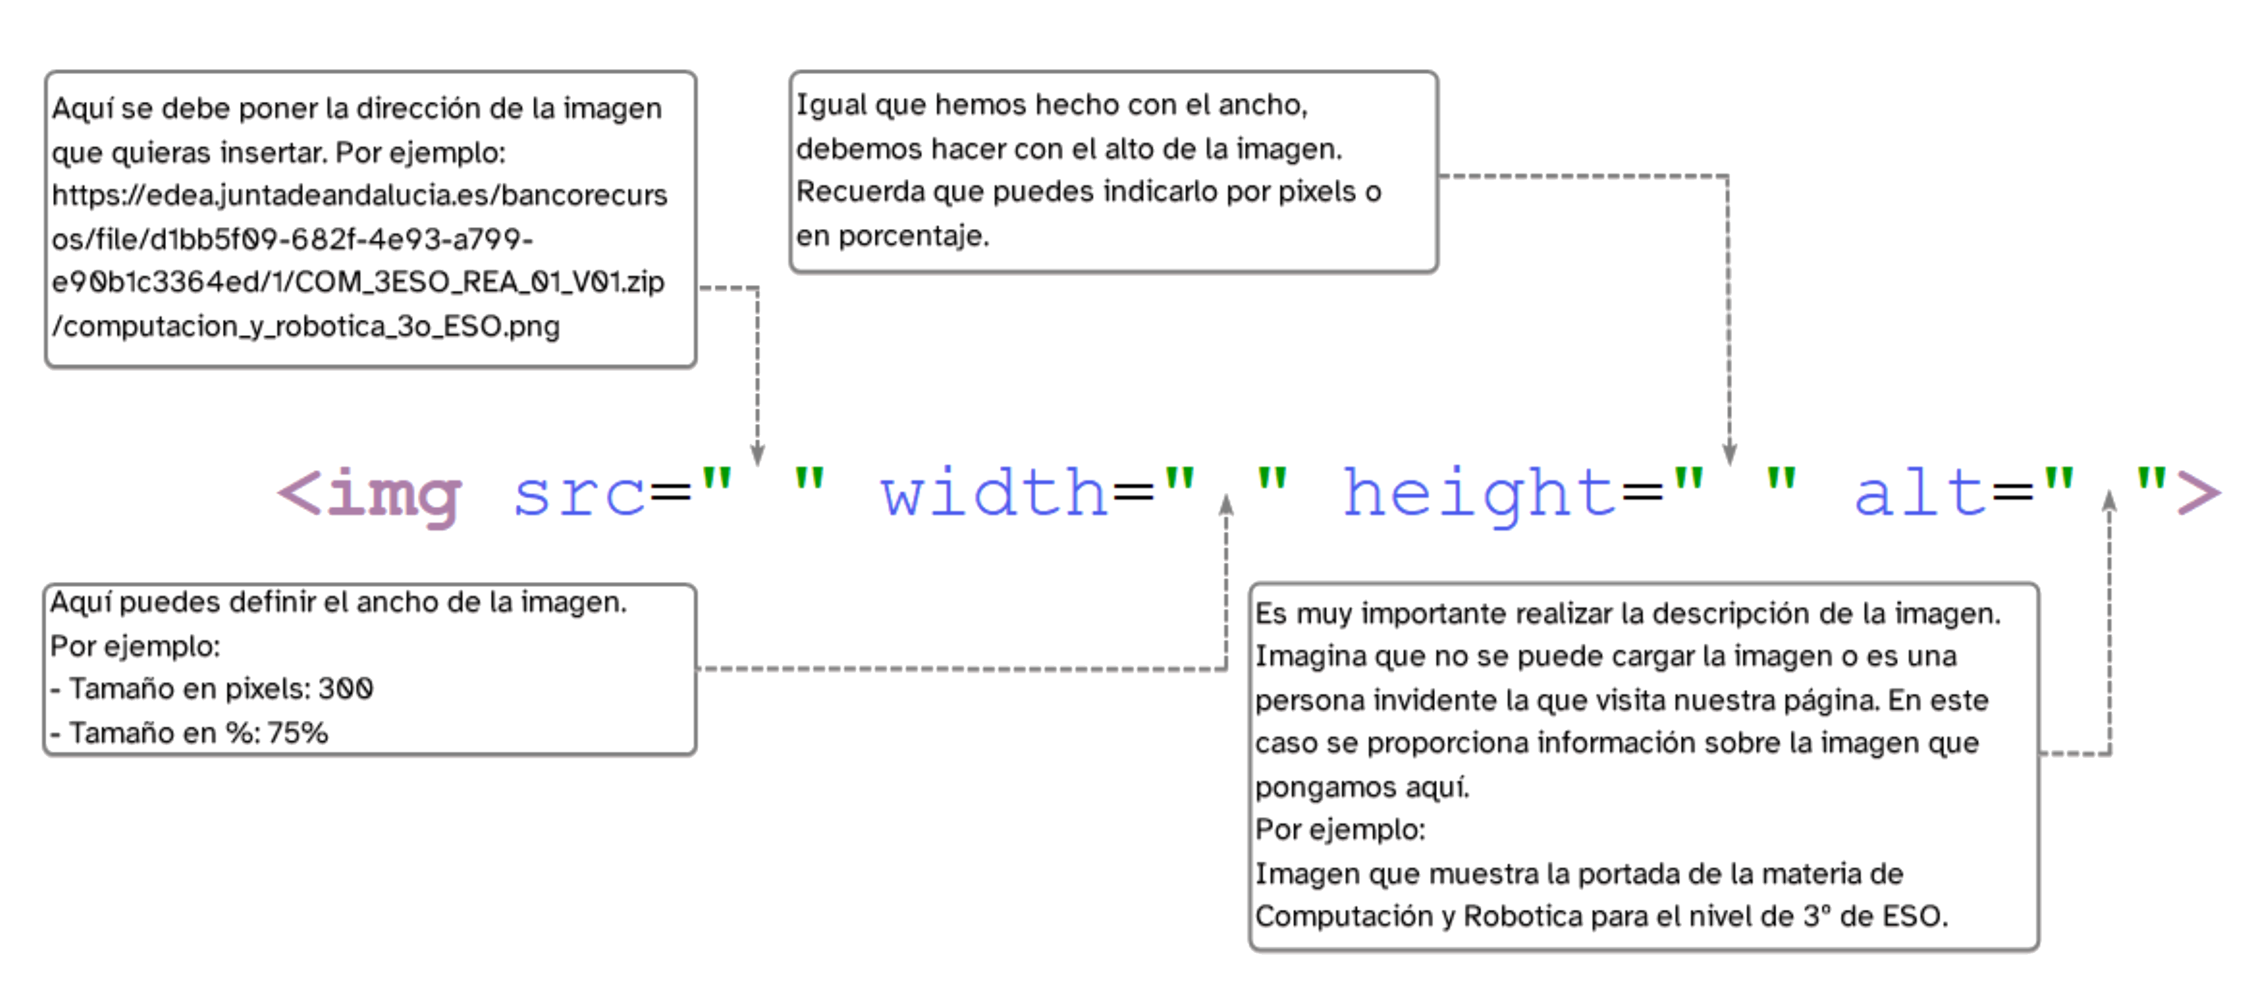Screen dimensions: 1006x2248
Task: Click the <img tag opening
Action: pyautogui.click(x=368, y=495)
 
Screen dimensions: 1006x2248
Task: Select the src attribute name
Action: pyautogui.click(x=578, y=495)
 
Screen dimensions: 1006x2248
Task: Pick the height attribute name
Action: pyautogui.click(x=1478, y=495)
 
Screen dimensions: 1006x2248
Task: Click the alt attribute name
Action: pyautogui.click(x=1920, y=495)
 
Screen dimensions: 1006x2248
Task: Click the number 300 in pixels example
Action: pyautogui.click(x=346, y=689)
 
